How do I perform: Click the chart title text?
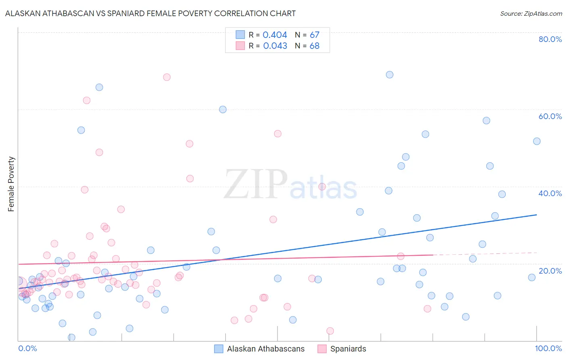pyautogui.click(x=150, y=14)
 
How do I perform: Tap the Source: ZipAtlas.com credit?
pyautogui.click(x=531, y=14)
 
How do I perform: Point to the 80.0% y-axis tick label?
pyautogui.click(x=550, y=39)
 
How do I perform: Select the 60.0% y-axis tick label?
pyautogui.click(x=550, y=116)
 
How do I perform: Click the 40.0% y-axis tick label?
pyautogui.click(x=550, y=193)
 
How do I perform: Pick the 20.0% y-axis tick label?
pyautogui.click(x=550, y=270)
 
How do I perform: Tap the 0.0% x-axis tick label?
pyautogui.click(x=27, y=348)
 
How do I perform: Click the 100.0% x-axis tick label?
pyautogui.click(x=548, y=348)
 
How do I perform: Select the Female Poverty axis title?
pyautogui.click(x=11, y=184)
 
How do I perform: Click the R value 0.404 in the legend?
pyautogui.click(x=275, y=35)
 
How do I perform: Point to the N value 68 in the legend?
pyautogui.click(x=315, y=46)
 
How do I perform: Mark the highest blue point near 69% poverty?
pyautogui.click(x=390, y=75)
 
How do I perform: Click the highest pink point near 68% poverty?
pyautogui.click(x=167, y=77)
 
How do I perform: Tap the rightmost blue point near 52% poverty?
pyautogui.click(x=537, y=141)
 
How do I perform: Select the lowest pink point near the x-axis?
pyautogui.click(x=330, y=331)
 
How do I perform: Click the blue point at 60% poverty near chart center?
pyautogui.click(x=223, y=109)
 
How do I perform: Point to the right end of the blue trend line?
pyautogui.click(x=537, y=215)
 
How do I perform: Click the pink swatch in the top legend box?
pyautogui.click(x=240, y=46)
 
